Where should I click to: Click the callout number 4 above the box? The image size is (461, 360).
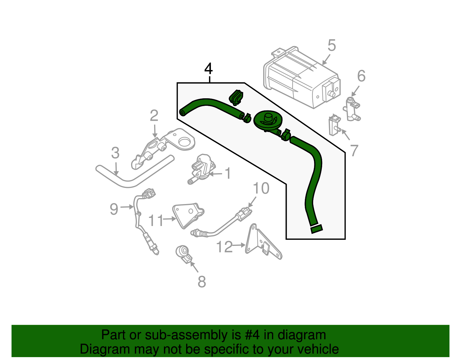point(208,69)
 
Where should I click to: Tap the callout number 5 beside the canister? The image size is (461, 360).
point(332,46)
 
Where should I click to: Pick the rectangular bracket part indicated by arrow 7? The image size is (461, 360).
point(334,125)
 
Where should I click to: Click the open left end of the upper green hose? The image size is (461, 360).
point(182,112)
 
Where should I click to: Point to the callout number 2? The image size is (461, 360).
point(154,116)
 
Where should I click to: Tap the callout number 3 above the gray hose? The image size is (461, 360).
point(115,153)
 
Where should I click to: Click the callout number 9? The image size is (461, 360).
point(114,209)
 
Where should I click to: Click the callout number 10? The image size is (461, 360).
point(261,189)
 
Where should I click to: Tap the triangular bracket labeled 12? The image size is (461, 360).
point(261,242)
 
